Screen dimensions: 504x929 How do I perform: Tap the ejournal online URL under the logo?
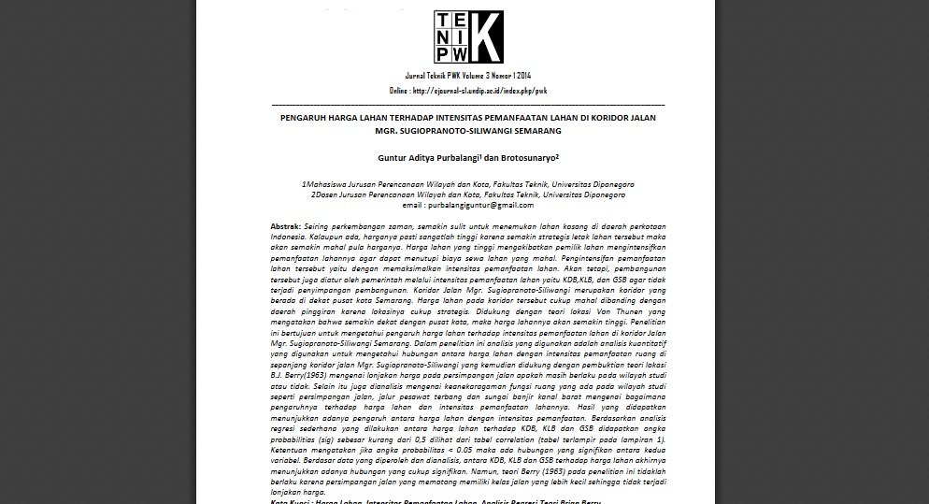[468, 91]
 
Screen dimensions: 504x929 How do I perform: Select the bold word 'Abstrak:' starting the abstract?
[285, 227]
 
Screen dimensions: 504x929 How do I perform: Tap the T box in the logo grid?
[443, 20]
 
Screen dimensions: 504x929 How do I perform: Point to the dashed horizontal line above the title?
[468, 104]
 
